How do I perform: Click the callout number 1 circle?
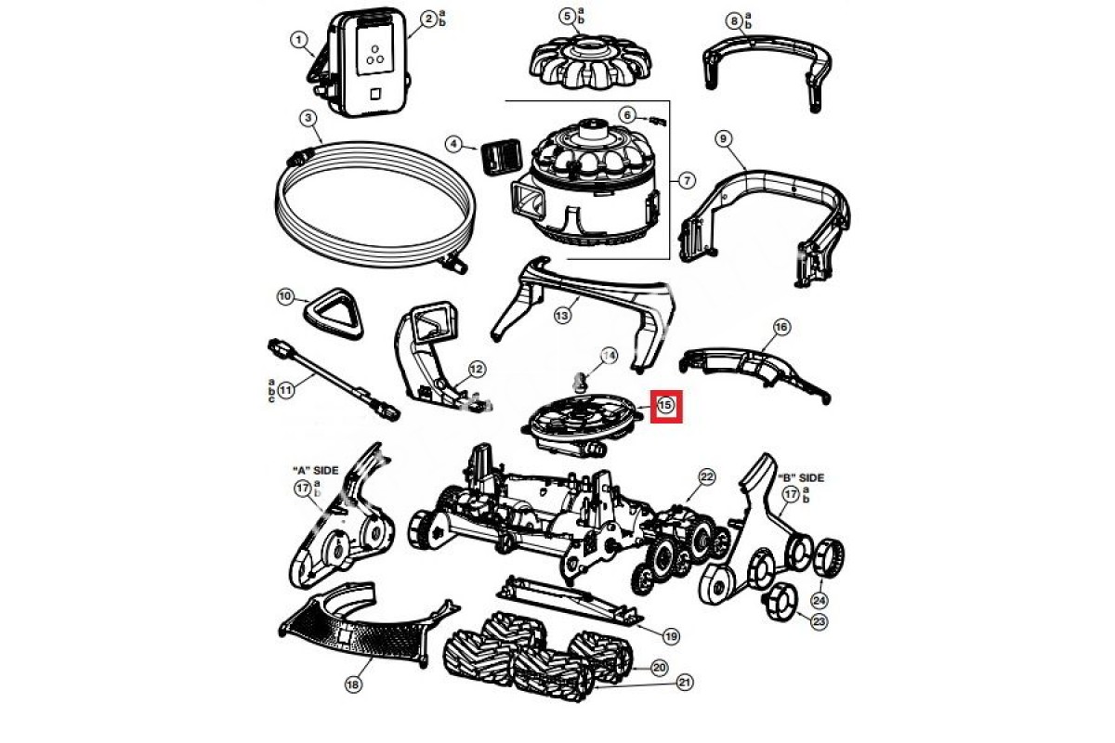click(x=298, y=40)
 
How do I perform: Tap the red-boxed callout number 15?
click(x=666, y=406)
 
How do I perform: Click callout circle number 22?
click(x=707, y=477)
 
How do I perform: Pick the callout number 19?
click(x=671, y=636)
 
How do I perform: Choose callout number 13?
click(x=561, y=316)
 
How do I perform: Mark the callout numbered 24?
click(x=820, y=600)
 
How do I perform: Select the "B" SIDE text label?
click(x=803, y=477)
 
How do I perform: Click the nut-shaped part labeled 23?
click(x=780, y=603)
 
